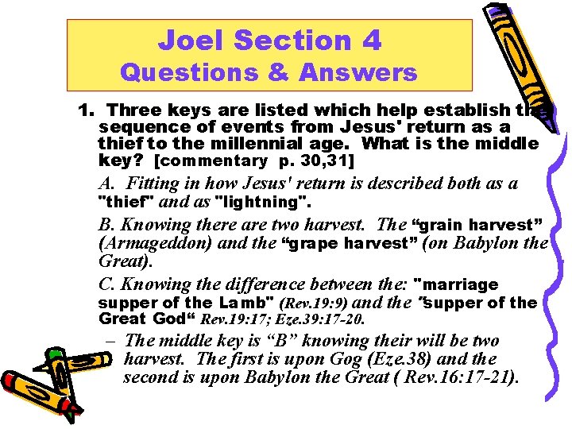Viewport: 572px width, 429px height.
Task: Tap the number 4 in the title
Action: [371, 39]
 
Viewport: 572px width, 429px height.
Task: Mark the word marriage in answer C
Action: [462, 284]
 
